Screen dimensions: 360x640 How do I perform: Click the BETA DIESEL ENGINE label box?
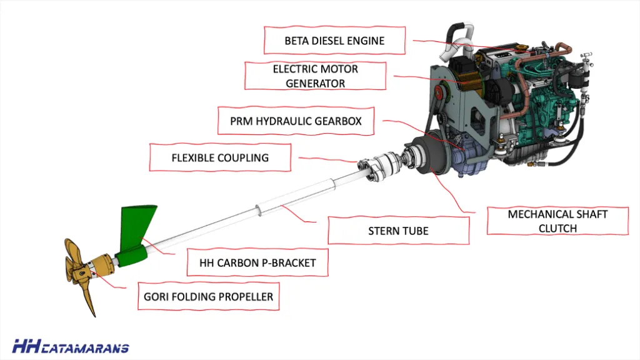[334, 41]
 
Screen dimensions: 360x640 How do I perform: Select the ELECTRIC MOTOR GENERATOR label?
[315, 75]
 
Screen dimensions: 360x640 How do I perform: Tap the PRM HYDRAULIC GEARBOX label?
[296, 121]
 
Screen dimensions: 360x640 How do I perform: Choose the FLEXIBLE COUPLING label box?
[220, 157]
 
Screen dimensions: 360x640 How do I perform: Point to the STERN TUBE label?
[398, 231]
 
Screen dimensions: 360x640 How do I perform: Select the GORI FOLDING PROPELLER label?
[208, 297]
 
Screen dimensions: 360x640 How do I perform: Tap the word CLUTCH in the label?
[557, 228]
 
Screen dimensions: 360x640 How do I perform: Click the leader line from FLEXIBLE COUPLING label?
[325, 159]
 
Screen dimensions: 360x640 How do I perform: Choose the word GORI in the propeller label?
[156, 297]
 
